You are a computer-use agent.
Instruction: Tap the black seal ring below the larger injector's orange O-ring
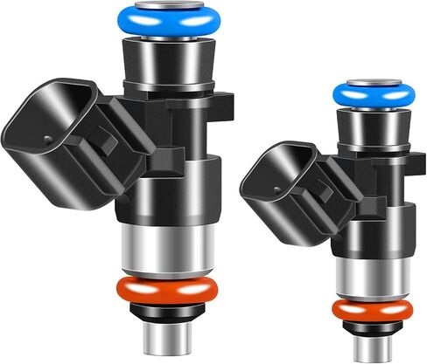pyautogui.click(x=167, y=311)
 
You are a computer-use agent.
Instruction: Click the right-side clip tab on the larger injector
pyautogui.click(x=225, y=105)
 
